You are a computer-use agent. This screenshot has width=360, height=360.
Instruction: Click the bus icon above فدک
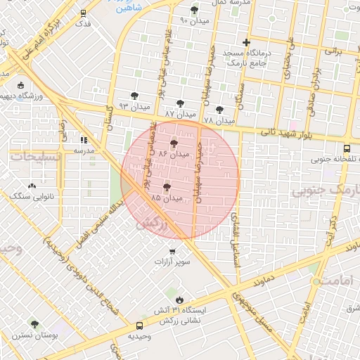tap(84, 13)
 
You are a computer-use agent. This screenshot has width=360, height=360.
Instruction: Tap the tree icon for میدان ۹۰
tap(194, 10)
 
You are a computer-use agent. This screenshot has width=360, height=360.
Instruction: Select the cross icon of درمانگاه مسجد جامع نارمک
tap(245, 42)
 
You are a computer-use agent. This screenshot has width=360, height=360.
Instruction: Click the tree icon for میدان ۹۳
tap(134, 95)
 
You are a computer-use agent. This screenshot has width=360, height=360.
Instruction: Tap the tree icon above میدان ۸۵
tap(167, 187)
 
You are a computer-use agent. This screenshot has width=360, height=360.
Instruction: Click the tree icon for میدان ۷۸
tap(219, 110)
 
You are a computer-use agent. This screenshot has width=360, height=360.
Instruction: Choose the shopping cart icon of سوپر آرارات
tap(172, 251)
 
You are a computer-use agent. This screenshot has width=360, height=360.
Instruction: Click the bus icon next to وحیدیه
tap(139, 326)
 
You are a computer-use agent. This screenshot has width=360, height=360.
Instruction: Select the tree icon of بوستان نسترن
tap(34, 324)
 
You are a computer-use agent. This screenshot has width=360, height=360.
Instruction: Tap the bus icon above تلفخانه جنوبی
tap(347, 148)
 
